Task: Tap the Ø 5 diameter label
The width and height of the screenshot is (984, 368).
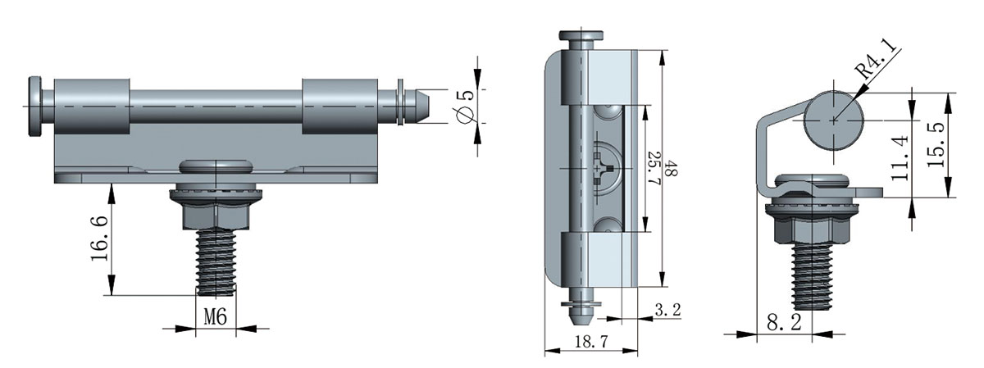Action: pyautogui.click(x=467, y=105)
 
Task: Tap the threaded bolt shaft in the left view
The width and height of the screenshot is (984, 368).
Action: pyautogui.click(x=215, y=262)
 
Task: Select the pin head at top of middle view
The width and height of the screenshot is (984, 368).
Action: pyautogui.click(x=581, y=37)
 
